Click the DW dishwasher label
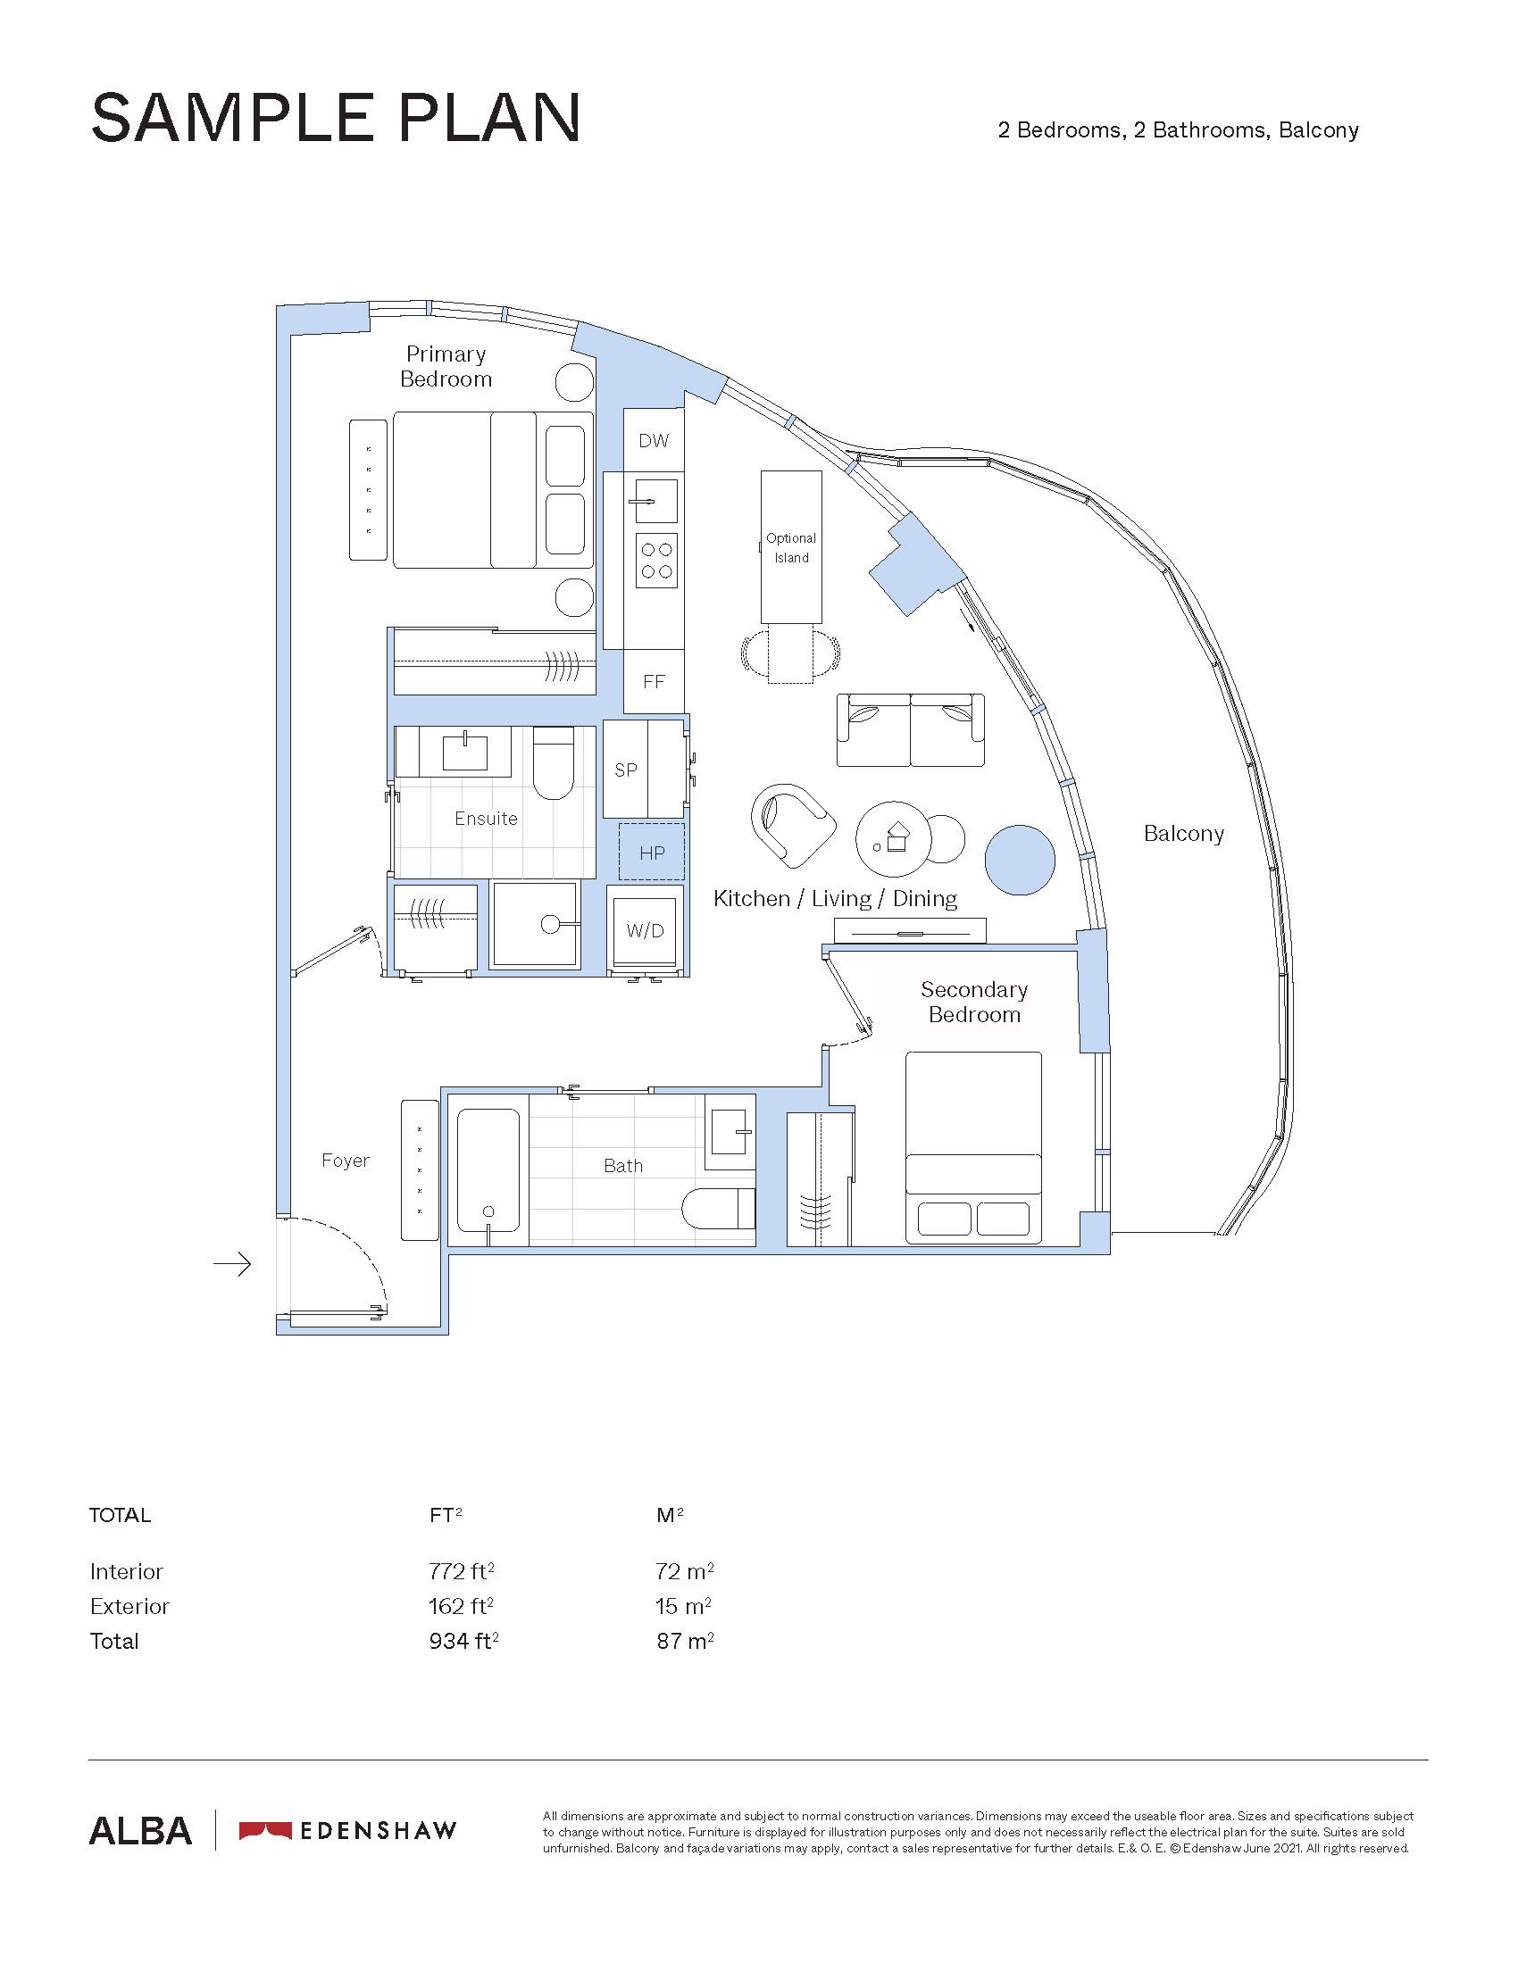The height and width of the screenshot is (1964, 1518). click(x=654, y=441)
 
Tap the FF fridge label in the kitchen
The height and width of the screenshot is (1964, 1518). click(x=654, y=682)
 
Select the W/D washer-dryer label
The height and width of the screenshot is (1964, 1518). click(x=646, y=931)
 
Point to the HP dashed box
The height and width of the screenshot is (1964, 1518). click(x=652, y=852)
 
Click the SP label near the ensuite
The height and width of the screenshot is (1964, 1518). click(x=626, y=770)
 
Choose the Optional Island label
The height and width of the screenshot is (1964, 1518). click(x=791, y=547)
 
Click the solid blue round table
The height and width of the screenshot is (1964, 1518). click(x=1020, y=860)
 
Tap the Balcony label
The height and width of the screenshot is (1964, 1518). click(x=1183, y=834)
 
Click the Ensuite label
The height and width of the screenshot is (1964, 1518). click(x=486, y=819)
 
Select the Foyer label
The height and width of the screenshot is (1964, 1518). click(x=346, y=1161)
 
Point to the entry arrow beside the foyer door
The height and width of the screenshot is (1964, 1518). click(x=232, y=1264)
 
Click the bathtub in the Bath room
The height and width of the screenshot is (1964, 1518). click(x=488, y=1170)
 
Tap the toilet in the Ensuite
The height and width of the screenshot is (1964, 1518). click(x=553, y=762)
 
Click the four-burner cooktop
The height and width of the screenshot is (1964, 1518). click(x=656, y=560)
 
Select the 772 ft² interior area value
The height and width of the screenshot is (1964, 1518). click(x=462, y=1571)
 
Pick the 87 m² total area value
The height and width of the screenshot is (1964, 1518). click(x=685, y=1641)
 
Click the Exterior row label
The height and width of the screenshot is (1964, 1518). click(x=129, y=1606)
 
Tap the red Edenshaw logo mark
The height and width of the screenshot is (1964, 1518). click(x=265, y=1831)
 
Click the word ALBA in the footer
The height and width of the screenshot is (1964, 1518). click(x=140, y=1832)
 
